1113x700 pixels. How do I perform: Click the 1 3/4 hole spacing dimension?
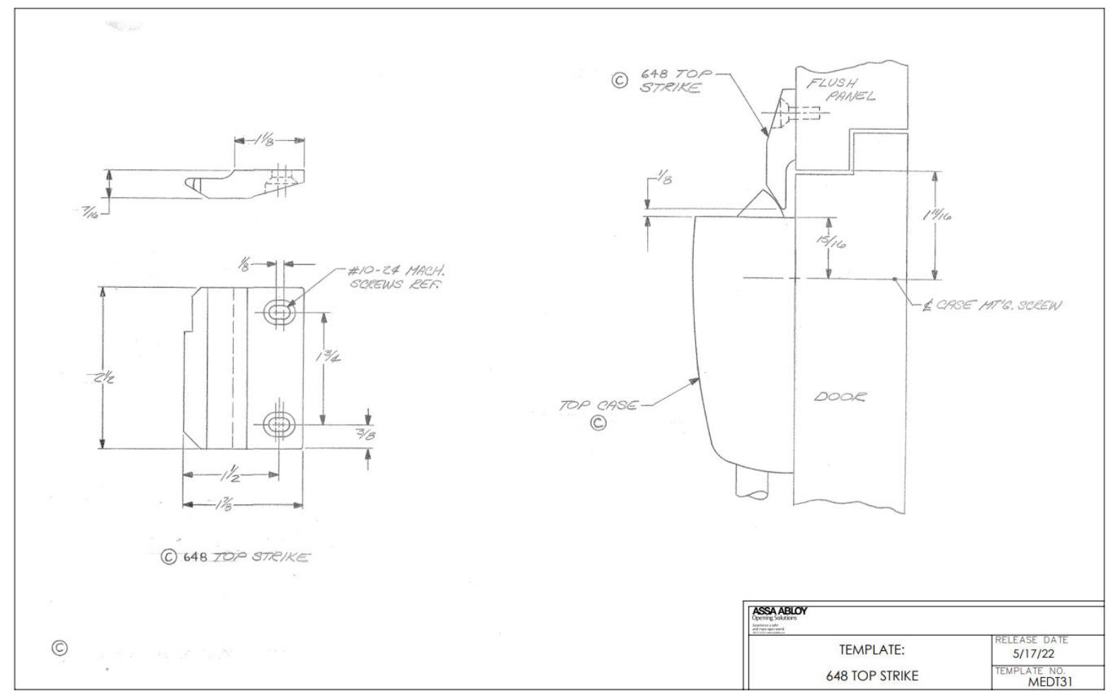click(327, 356)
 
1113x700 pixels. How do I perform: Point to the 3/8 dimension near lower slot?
click(366, 435)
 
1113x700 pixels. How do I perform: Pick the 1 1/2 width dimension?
click(228, 475)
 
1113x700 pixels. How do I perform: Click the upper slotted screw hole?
click(278, 312)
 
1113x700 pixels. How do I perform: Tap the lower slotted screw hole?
click(278, 424)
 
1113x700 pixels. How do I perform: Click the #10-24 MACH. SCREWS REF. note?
click(396, 277)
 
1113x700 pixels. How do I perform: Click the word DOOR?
click(839, 397)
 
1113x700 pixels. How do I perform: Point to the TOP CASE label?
click(598, 406)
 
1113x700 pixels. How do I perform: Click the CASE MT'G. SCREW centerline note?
click(992, 305)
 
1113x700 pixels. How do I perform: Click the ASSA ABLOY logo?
click(779, 611)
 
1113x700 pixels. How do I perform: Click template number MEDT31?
click(1051, 682)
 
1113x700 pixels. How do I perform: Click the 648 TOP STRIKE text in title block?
click(872, 676)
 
